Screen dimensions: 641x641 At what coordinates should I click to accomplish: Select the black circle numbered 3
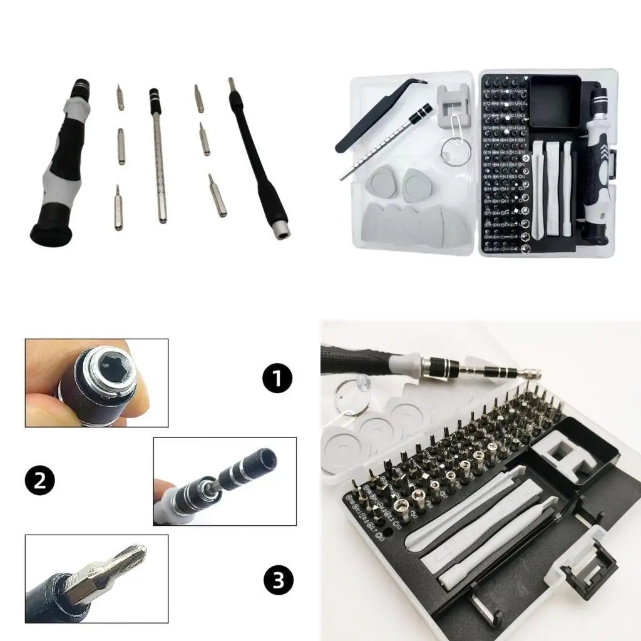(278, 580)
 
